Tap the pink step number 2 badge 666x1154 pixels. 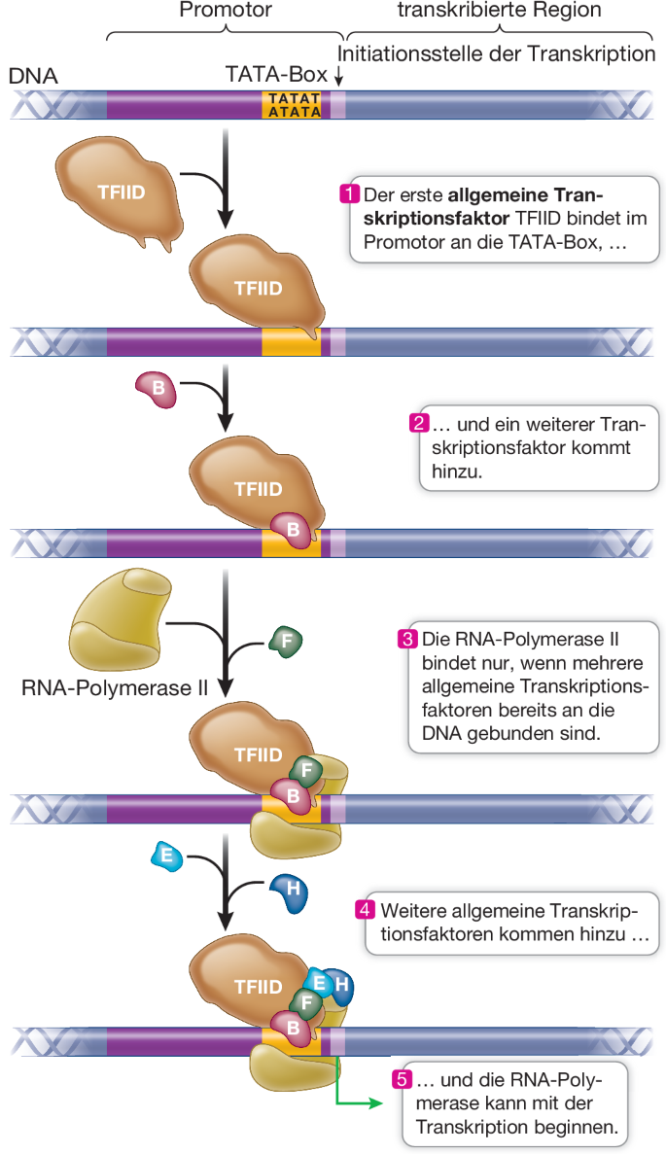[x=419, y=424]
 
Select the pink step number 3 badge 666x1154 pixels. [x=408, y=639]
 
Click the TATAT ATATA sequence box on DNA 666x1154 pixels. [x=293, y=105]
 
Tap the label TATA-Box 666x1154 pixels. [x=275, y=75]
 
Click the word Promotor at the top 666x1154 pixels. [x=226, y=11]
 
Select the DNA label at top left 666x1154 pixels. [x=33, y=76]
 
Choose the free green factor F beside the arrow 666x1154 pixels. [x=285, y=642]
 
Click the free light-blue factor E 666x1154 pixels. [x=167, y=857]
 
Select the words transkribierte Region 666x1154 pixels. [x=500, y=11]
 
